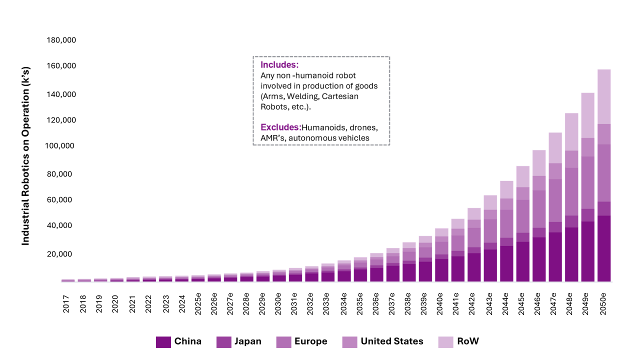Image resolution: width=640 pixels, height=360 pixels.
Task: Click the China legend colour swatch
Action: (x=163, y=342)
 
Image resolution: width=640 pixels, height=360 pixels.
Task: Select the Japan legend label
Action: (x=247, y=341)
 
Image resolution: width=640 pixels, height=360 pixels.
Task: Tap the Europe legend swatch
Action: (x=283, y=342)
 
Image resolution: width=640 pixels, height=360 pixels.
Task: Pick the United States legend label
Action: (x=391, y=341)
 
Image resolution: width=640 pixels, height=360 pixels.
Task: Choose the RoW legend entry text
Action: (x=467, y=341)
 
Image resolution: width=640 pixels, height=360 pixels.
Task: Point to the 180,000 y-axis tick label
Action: (x=61, y=40)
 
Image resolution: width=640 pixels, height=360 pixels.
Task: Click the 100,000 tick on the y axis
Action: (x=59, y=145)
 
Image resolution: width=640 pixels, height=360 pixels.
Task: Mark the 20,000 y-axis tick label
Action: (x=59, y=254)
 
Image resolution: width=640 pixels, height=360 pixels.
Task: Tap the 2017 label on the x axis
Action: (x=66, y=304)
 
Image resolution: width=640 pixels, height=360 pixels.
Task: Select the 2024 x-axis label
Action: (x=182, y=304)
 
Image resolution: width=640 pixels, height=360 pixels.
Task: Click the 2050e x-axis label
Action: (x=602, y=303)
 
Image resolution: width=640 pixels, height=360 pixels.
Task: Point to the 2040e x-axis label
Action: (x=439, y=303)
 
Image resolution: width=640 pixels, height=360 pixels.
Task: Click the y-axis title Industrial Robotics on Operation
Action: (x=25, y=156)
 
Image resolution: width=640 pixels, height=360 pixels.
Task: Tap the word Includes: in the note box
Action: (x=279, y=65)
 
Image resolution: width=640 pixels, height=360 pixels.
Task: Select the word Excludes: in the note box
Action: (x=281, y=127)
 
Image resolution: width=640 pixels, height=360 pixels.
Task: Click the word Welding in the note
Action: (x=303, y=96)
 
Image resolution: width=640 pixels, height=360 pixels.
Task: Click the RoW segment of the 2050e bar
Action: (x=604, y=97)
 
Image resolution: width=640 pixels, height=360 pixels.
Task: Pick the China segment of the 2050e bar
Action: (x=604, y=248)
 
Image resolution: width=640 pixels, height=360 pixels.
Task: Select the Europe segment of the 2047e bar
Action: (x=555, y=200)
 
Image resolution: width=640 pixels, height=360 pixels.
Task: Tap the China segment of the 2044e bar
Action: (x=506, y=263)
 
